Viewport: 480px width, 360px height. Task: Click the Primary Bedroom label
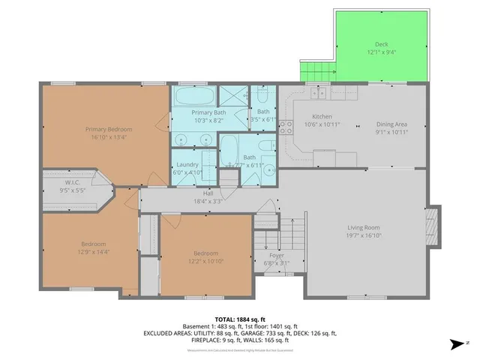(104, 129)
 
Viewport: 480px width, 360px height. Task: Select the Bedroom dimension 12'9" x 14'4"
(94, 253)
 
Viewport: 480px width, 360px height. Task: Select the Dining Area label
(391, 124)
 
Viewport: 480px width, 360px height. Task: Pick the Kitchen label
(322, 116)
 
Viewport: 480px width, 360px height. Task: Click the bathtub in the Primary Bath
(193, 96)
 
